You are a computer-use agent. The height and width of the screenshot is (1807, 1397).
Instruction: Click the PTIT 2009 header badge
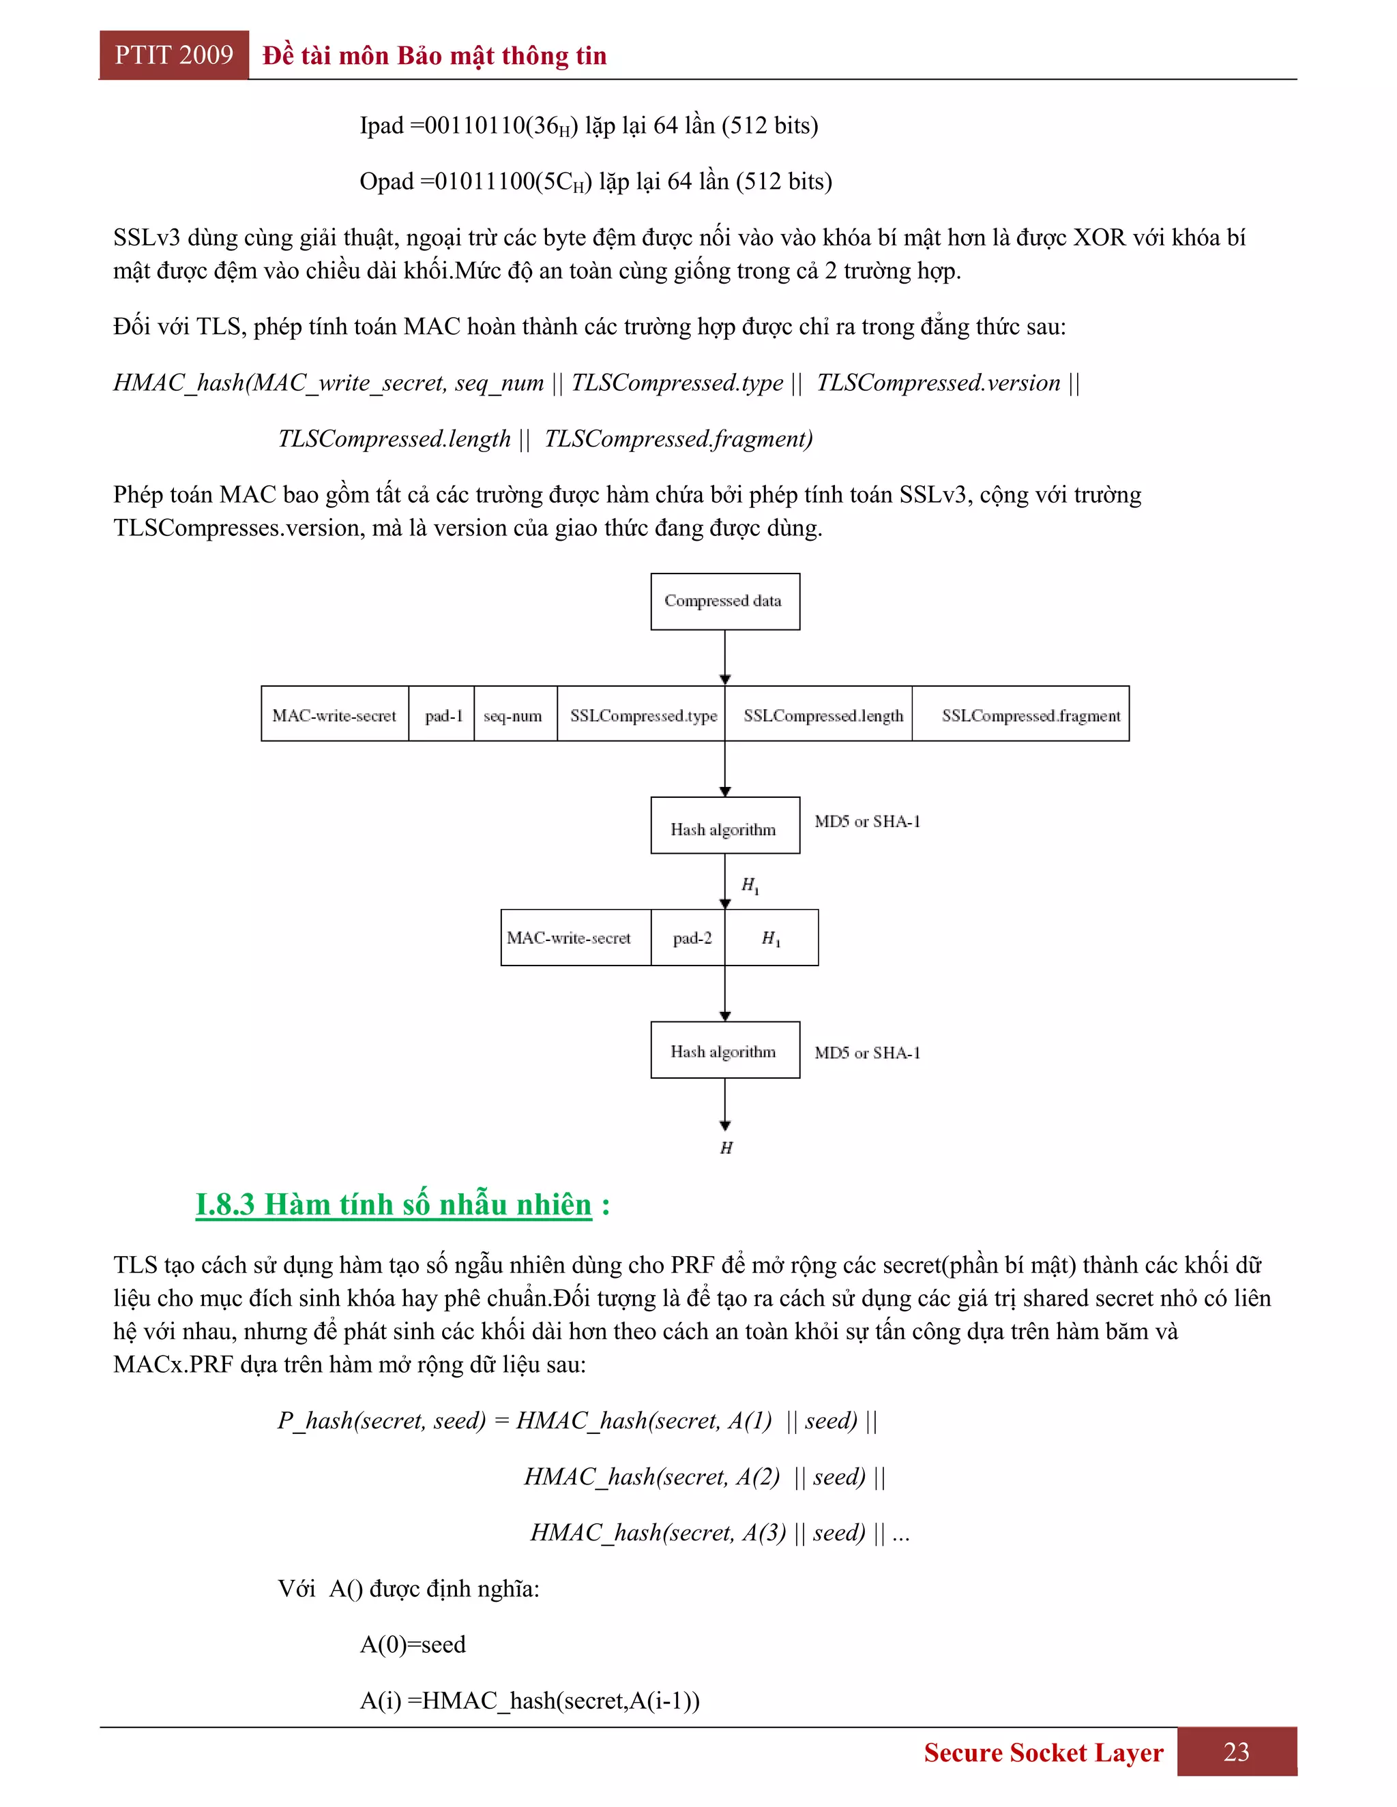click(174, 55)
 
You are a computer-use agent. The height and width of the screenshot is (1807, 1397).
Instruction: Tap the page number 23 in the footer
click(1237, 1752)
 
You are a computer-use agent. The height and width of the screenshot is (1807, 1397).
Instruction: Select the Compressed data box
click(724, 601)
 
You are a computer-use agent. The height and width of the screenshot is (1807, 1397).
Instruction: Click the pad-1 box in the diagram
click(442, 714)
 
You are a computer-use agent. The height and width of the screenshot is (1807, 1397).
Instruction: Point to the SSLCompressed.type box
click(642, 714)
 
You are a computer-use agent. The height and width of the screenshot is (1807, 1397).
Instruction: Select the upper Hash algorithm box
click(724, 826)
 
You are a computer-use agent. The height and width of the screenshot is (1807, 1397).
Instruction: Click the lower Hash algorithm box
click(724, 1050)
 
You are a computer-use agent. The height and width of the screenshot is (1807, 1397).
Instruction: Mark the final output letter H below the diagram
click(726, 1148)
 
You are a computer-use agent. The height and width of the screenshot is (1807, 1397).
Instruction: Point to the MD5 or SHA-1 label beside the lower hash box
click(866, 1052)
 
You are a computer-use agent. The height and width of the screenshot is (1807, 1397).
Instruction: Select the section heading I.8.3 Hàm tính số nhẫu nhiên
click(394, 1205)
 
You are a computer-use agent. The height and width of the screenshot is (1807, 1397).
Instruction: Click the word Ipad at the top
click(381, 125)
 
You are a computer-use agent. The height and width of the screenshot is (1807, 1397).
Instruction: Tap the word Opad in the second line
click(385, 181)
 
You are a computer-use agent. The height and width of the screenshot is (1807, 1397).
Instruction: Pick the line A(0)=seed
click(412, 1644)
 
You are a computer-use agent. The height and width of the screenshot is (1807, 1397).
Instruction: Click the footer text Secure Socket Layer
click(1043, 1752)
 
